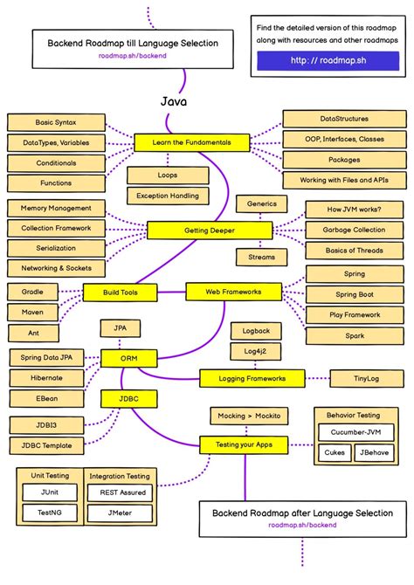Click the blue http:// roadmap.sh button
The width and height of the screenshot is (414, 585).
tap(328, 61)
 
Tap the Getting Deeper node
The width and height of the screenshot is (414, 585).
tap(204, 231)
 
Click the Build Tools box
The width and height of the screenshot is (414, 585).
tap(121, 292)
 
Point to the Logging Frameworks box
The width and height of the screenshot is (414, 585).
tap(252, 378)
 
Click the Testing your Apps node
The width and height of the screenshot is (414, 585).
tap(244, 444)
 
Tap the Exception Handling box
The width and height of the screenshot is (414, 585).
tap(169, 196)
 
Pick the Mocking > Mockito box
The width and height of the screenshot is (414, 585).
tap(251, 416)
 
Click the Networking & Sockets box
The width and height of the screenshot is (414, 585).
tap(56, 268)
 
